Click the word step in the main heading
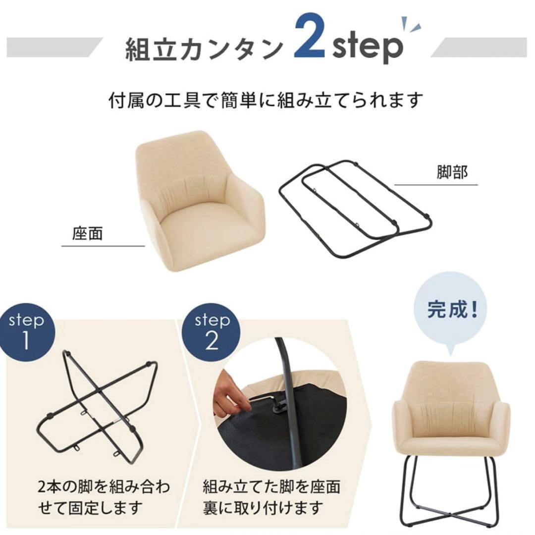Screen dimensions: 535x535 (x=367, y=48)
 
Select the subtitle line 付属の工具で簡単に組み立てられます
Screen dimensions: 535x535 (x=267, y=100)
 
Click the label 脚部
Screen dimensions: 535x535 (x=452, y=173)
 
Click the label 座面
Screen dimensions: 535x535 (x=87, y=234)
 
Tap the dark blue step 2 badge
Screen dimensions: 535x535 (x=212, y=331)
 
